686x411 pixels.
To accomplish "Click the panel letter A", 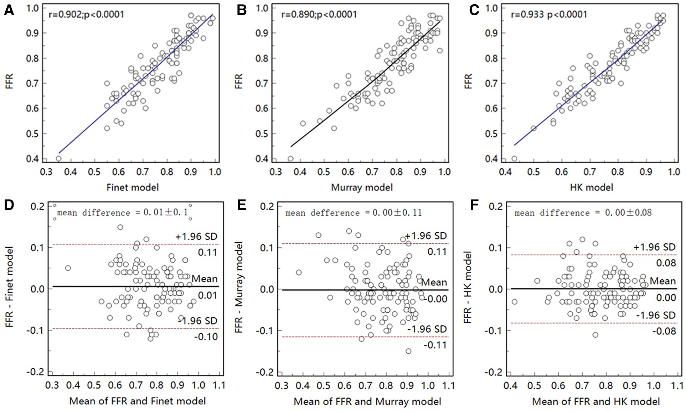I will coord(9,10).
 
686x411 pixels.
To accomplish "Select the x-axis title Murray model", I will coord(362,187).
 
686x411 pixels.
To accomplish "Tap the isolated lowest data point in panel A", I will coord(58,159).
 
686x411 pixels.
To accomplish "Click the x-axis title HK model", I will coord(591,187).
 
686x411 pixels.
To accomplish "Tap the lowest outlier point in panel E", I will coord(408,351).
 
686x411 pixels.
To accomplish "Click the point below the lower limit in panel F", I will coord(595,335).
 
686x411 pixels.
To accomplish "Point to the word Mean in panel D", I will coord(204,279).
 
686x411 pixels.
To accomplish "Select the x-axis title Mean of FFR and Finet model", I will coord(138,401).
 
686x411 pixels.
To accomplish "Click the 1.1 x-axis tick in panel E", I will coord(448,385).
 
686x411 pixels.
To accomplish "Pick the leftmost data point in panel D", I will coord(68,268).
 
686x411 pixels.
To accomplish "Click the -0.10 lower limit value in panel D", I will coord(206,337).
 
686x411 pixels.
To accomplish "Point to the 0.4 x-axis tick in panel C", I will coord(505,172).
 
